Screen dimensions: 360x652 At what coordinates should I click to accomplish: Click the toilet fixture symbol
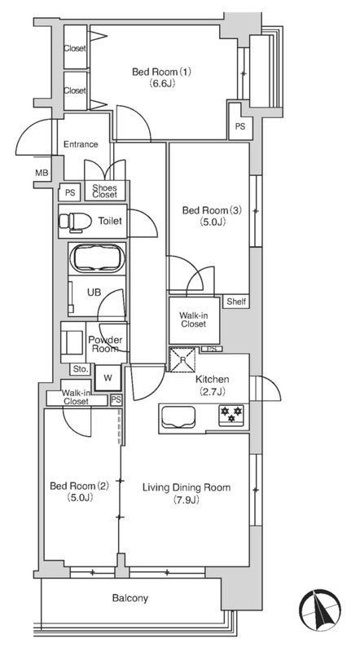point(75,221)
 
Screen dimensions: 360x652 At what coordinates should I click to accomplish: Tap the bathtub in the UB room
point(97,258)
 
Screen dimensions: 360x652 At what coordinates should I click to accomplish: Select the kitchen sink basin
point(178,416)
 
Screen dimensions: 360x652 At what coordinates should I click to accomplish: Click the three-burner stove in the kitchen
point(231,414)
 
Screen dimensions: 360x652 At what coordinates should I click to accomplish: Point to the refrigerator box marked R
point(182,359)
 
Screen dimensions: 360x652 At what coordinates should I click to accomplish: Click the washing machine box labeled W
point(108,378)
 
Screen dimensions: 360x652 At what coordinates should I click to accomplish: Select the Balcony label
point(130,598)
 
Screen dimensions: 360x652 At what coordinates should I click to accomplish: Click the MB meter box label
point(42,173)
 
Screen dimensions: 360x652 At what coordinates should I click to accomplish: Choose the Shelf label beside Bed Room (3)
point(236,302)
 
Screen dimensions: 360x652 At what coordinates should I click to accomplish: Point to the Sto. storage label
point(81,368)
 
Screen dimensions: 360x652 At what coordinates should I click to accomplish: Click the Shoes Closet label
point(104,191)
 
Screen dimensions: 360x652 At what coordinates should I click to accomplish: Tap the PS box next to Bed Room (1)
point(240,127)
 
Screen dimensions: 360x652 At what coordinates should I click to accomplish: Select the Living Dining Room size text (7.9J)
point(187,500)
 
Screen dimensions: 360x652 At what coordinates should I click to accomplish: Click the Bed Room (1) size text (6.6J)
point(162,83)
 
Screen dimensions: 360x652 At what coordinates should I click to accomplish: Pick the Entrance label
point(81,144)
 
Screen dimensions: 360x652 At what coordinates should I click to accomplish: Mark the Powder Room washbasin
point(73,341)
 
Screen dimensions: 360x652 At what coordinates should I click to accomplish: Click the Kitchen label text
point(212,379)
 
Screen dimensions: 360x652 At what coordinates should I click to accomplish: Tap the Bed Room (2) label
point(79,486)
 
